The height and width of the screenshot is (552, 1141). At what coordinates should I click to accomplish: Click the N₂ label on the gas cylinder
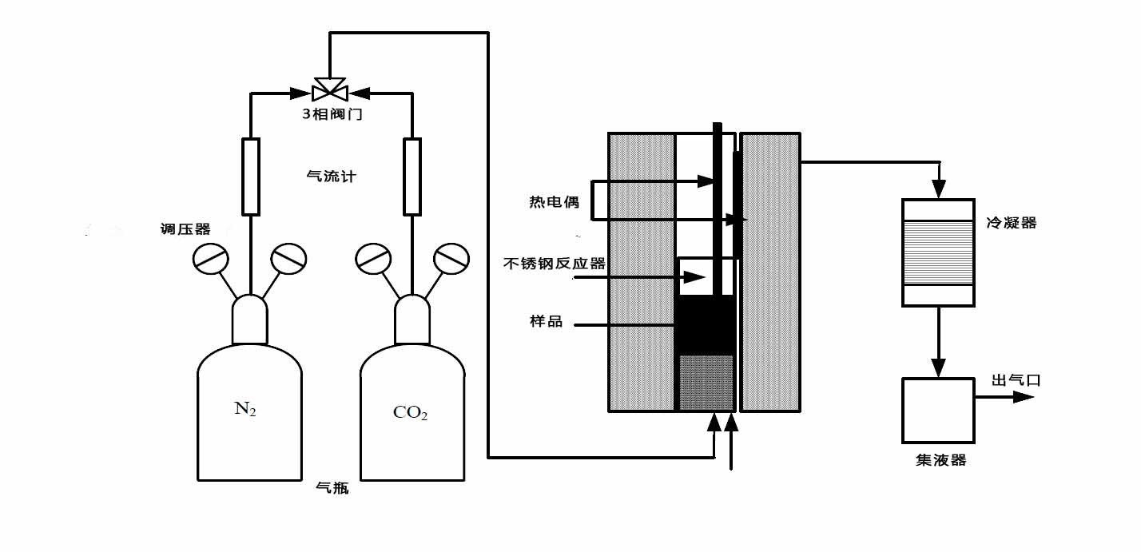(x=245, y=409)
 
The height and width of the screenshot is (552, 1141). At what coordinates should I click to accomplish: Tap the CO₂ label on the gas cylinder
(x=410, y=412)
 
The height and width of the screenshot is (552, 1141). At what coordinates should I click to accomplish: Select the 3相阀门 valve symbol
(x=330, y=89)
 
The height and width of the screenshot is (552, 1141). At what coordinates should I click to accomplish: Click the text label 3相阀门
(x=332, y=114)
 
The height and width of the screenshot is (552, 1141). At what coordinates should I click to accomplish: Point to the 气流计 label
(x=331, y=177)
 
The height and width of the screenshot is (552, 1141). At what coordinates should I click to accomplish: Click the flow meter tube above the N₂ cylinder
(x=251, y=177)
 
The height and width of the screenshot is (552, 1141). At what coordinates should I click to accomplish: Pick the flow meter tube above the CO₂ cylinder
(x=412, y=177)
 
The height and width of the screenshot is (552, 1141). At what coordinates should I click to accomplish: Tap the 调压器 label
(x=185, y=229)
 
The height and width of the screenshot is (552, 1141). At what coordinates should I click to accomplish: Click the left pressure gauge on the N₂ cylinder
(x=210, y=259)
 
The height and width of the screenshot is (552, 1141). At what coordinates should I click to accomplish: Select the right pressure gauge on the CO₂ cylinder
(x=451, y=259)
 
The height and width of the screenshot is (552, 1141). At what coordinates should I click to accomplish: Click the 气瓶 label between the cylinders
(x=332, y=488)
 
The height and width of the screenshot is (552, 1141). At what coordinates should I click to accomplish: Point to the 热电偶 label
(x=555, y=202)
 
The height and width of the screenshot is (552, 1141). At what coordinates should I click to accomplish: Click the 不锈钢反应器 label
(x=555, y=264)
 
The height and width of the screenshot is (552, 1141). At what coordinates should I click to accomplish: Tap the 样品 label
(x=546, y=321)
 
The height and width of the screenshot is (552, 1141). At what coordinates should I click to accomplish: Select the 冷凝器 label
(x=1012, y=223)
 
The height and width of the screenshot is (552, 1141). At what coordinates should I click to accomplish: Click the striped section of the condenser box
(x=938, y=252)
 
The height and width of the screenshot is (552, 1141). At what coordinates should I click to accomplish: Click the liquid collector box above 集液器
(x=938, y=411)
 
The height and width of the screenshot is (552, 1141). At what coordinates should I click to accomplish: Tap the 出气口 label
(x=1016, y=380)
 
